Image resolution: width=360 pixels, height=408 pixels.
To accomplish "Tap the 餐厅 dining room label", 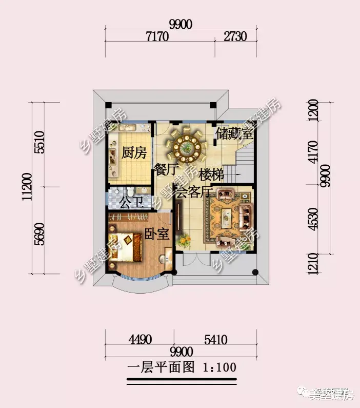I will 165,169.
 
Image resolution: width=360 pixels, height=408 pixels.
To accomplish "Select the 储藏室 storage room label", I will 234,134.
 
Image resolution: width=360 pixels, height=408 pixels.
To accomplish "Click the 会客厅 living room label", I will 194,192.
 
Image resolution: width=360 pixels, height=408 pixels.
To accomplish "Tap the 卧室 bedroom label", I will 156,234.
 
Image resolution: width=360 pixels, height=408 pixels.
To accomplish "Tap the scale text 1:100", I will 219,367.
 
